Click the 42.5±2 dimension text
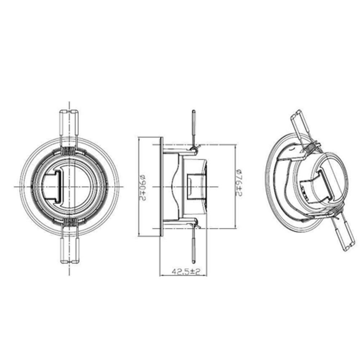point(185,272)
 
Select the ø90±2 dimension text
point(142,187)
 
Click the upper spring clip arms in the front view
point(68,124)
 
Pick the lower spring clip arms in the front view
point(68,248)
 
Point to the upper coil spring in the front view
point(68,152)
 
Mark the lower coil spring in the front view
point(68,222)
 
